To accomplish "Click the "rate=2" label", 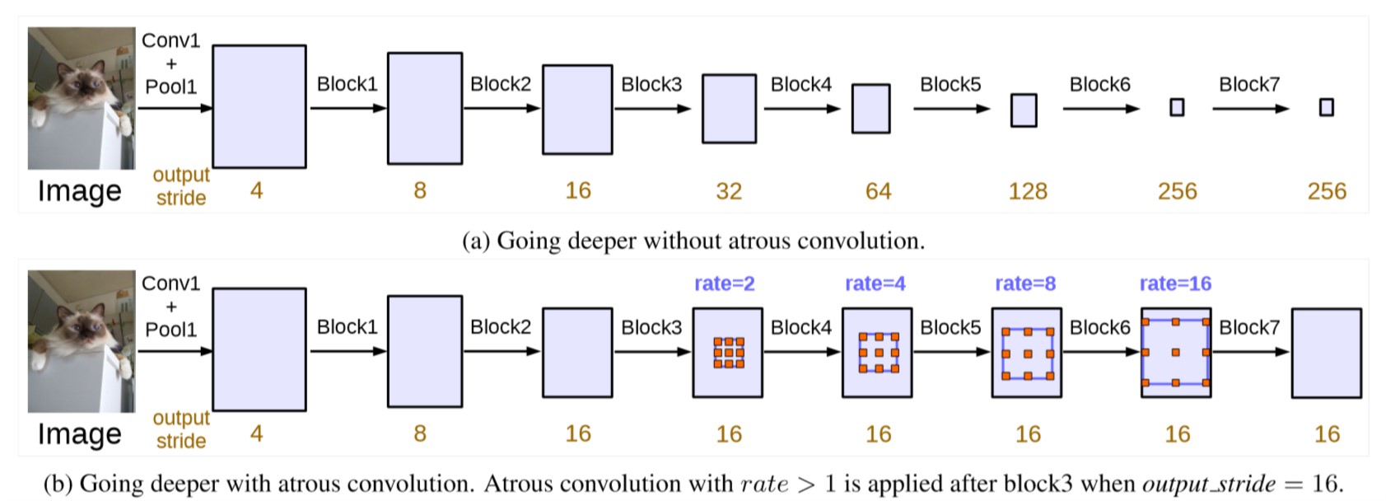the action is [725, 283].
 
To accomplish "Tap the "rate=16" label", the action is [1176, 283].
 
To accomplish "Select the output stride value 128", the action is [1028, 191].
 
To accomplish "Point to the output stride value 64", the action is [878, 191].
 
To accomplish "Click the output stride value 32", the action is [729, 191].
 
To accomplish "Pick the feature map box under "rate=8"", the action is [1027, 353].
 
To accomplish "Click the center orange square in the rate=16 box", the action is [1176, 353].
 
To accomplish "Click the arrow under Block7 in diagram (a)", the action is [1250, 109].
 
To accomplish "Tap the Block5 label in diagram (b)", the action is [950, 327].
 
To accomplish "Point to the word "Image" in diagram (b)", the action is [80, 433].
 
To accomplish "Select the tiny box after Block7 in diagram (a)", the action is [1327, 108].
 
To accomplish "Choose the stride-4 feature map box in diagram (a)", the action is [259, 106].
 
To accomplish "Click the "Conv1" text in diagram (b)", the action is [170, 283].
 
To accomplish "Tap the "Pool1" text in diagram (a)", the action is [170, 86].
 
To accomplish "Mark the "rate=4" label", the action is [875, 283].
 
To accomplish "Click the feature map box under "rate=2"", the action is [728, 353].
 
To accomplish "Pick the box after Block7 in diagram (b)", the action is [1327, 353].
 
